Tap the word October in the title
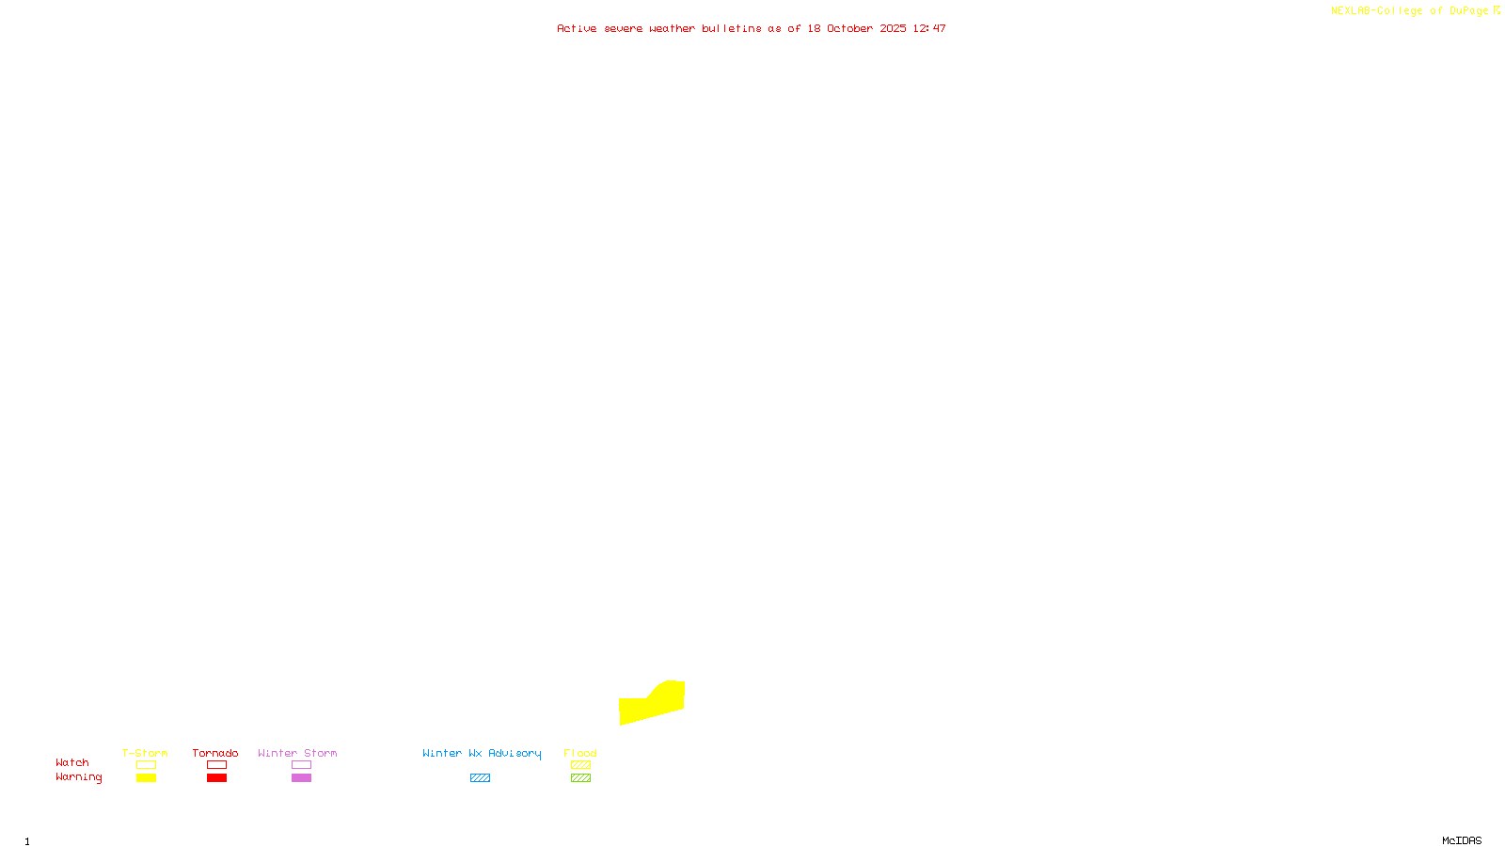coord(849,28)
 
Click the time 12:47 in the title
coord(928,28)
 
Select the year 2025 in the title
coord(893,28)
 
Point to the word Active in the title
coord(576,28)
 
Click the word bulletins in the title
coord(731,28)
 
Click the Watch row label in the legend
coord(72,762)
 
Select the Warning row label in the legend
coord(78,777)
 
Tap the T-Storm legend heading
coord(145,753)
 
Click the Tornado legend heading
coord(215,753)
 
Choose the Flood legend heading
coord(580,753)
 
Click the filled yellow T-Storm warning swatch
coord(146,778)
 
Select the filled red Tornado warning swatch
coord(216,778)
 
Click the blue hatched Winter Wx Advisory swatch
coord(480,778)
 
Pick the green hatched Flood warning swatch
coord(580,778)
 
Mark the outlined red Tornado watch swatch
coord(216,765)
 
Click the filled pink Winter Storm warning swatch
coord(301,778)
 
